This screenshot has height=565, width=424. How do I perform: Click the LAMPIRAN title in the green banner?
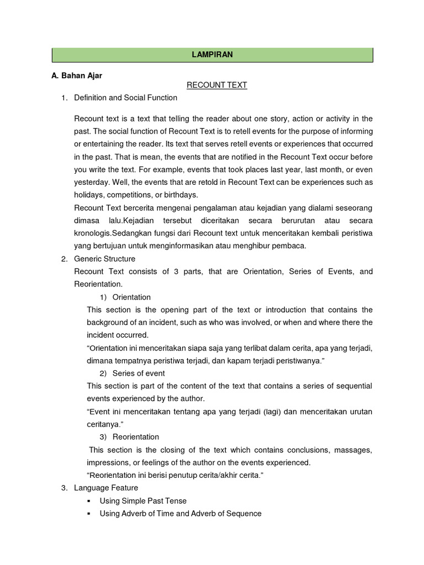click(x=213, y=55)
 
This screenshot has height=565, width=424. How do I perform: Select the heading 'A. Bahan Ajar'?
click(x=77, y=74)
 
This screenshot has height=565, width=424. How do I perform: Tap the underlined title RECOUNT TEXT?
click(x=216, y=85)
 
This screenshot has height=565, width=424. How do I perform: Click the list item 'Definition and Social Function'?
click(x=126, y=98)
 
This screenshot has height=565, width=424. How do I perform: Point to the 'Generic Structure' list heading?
click(x=104, y=259)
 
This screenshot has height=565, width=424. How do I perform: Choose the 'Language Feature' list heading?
click(x=106, y=488)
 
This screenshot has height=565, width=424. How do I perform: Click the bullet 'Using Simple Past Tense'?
click(x=143, y=501)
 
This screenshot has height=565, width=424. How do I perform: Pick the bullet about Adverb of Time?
click(x=180, y=514)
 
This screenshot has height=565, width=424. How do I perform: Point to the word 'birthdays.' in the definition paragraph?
click(x=180, y=195)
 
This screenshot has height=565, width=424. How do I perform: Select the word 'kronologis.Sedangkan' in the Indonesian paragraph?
click(x=112, y=233)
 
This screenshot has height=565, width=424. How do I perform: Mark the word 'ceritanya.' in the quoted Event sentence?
click(x=105, y=424)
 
